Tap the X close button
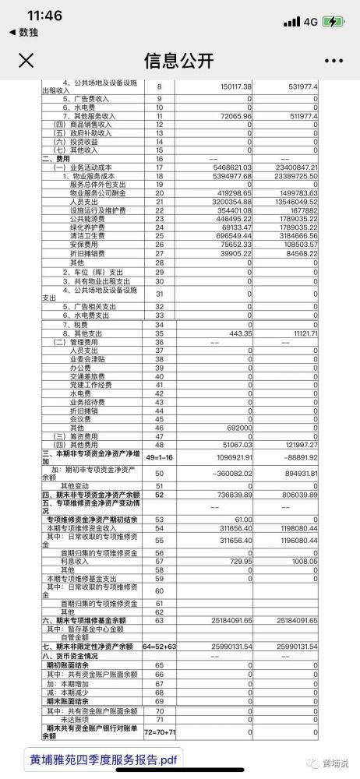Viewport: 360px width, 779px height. [x=26, y=61]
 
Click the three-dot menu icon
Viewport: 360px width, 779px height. [x=333, y=61]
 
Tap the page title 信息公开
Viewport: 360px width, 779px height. [x=179, y=61]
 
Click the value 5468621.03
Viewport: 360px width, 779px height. [x=230, y=167]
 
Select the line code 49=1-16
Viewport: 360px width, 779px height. [x=160, y=455]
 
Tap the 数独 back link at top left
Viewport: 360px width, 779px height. [x=23, y=32]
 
